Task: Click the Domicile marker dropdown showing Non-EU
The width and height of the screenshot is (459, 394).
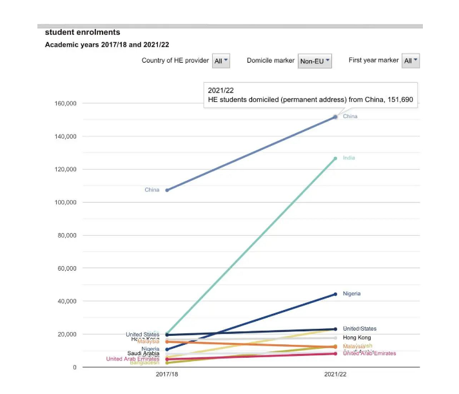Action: [315, 61]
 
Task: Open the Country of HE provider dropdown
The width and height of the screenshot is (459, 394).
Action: [220, 61]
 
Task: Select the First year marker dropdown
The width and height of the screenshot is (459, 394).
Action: [410, 61]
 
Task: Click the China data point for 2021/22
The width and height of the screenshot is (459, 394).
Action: [335, 117]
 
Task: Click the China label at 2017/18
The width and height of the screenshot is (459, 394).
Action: [152, 190]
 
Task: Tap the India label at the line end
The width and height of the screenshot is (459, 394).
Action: [349, 158]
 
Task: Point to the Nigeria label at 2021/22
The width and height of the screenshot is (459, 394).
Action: [352, 294]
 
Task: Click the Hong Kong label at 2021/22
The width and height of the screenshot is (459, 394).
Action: [356, 338]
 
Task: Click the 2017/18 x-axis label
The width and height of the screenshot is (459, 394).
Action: [166, 375]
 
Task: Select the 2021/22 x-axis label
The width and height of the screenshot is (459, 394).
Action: [335, 375]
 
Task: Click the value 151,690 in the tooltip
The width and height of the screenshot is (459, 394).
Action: [400, 100]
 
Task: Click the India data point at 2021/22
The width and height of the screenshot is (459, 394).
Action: [335, 158]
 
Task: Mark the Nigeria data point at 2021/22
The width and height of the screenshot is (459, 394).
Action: [335, 294]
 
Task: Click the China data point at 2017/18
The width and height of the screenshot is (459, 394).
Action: [167, 190]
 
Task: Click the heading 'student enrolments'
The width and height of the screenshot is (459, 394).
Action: [83, 32]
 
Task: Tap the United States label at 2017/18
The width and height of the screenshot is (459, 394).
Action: [142, 335]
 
